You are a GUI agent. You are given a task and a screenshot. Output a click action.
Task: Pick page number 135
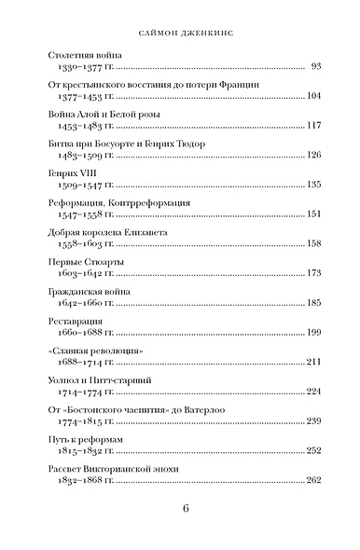(312, 185)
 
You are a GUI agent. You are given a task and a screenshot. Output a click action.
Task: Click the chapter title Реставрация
(79, 319)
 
